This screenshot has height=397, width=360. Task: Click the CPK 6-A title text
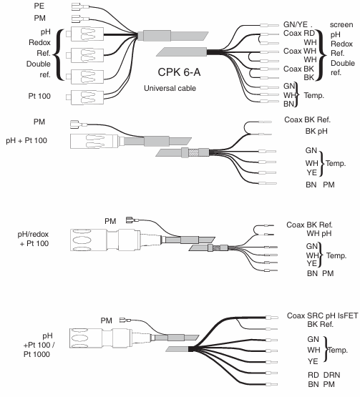tap(179, 72)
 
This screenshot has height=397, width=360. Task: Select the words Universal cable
tap(170, 88)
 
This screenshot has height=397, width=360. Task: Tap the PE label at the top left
tap(39, 6)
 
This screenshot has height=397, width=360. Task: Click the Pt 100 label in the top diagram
tap(39, 96)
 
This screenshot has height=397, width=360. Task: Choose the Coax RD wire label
tap(299, 33)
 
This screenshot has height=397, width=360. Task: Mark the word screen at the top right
tap(341, 24)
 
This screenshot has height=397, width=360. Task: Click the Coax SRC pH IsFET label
tap(323, 315)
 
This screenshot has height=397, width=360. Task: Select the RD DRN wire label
tap(323, 375)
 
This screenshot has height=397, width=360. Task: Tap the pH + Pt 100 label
tap(26, 140)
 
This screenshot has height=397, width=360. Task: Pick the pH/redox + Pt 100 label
tap(33, 239)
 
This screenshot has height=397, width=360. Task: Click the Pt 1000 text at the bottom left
tap(37, 354)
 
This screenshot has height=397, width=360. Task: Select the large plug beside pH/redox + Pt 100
tap(104, 240)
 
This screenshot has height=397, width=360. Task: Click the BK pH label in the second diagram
tap(316, 131)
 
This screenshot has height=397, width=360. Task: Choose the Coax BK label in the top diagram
tap(298, 69)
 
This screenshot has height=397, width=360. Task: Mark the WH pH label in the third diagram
tap(319, 233)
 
